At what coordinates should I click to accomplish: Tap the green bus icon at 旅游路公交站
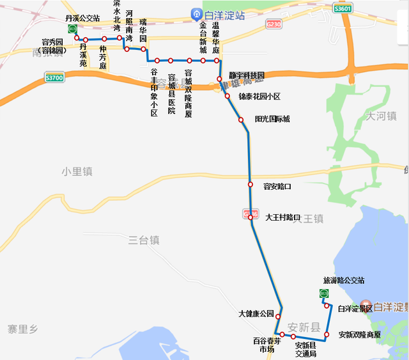[x=324, y=293]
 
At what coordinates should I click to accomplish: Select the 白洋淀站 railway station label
[x=217, y=13]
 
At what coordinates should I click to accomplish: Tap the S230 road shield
[x=273, y=24]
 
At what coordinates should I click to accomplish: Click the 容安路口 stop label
[x=277, y=186]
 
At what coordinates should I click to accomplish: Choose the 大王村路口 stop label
[x=282, y=217]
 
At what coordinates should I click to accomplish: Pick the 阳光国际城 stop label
[x=272, y=119]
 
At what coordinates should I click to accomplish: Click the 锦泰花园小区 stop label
[x=259, y=97]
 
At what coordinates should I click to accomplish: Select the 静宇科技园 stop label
[x=247, y=75]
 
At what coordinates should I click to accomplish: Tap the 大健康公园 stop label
[x=256, y=313]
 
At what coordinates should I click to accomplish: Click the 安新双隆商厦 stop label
[x=359, y=334]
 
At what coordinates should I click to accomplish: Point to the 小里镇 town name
[x=77, y=171]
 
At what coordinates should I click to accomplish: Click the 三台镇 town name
[x=144, y=240]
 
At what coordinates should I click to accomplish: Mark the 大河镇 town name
[x=382, y=116]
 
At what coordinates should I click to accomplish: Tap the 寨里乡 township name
[x=23, y=329]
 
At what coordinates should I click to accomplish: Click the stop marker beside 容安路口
[x=251, y=185]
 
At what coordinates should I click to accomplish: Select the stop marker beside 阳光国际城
[x=241, y=120]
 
